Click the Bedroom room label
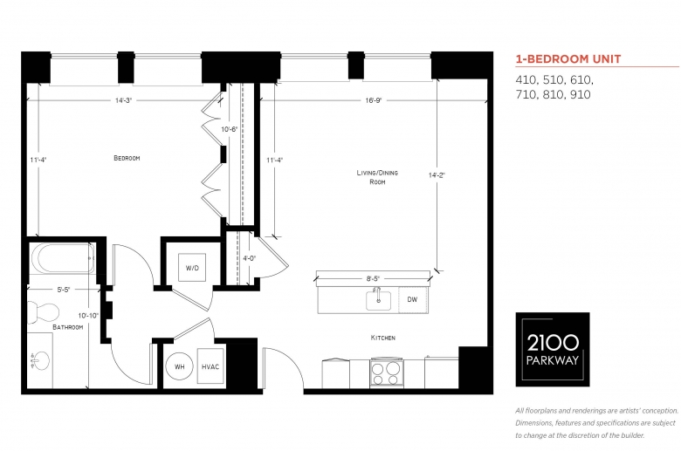coord(127,158)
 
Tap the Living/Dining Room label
coord(377,177)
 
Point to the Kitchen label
coord(383,338)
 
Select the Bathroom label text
coord(68,327)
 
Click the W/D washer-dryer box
coord(192,268)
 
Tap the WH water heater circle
coord(179,366)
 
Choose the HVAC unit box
coord(210,366)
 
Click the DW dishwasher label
coord(412,299)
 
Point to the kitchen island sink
coord(378,300)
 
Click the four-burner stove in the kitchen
coord(386,373)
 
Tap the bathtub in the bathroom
coord(62,259)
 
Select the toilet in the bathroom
coord(43,312)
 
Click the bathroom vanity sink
coord(40,361)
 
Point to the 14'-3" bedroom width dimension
coord(123,100)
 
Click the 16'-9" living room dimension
coord(373,100)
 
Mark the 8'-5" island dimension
coord(373,278)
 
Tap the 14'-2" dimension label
coord(437,175)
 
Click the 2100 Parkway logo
coord(553,350)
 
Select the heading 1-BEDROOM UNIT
coord(568,59)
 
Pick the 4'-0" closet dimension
coord(250,258)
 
